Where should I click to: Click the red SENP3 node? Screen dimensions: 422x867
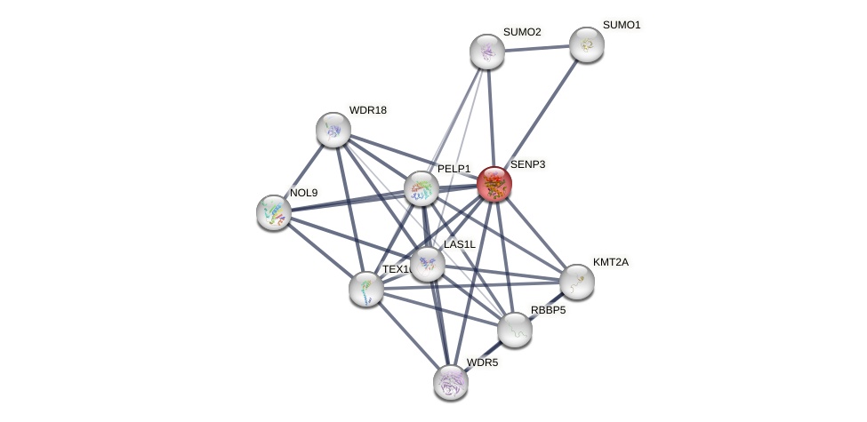point(494,184)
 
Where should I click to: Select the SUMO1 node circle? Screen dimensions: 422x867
point(586,44)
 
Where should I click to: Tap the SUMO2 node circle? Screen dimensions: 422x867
point(487,52)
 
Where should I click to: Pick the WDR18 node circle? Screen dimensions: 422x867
point(333,130)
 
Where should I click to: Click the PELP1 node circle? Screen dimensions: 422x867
point(421,188)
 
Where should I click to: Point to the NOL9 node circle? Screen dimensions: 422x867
point(274,211)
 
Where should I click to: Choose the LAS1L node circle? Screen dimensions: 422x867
point(428,263)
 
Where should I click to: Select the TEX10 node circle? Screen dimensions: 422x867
point(366,289)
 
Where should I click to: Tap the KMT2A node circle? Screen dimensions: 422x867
point(577,282)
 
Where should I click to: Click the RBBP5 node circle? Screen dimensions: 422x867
point(515,330)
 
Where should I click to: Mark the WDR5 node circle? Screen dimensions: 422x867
point(451,382)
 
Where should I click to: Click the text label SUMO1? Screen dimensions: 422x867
point(621,25)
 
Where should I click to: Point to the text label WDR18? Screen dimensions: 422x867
point(367,110)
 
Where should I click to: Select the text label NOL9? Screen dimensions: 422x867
point(303,193)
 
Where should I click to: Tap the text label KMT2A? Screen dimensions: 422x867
point(610,262)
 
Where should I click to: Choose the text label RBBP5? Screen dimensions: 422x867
point(547,310)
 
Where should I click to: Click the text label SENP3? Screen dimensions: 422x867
point(527,164)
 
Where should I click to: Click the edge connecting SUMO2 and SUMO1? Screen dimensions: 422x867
point(537,48)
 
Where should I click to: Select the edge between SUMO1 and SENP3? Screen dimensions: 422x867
point(540,114)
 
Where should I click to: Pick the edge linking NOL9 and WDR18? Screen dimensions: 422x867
point(303,171)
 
